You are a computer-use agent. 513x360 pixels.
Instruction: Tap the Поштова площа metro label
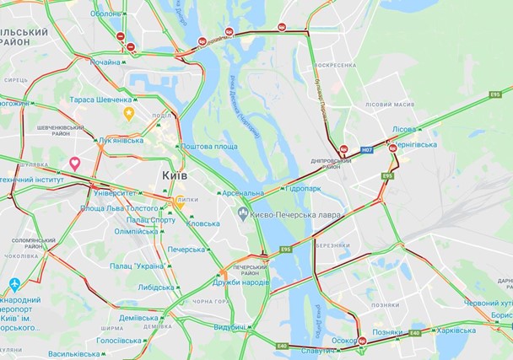[x=208, y=146]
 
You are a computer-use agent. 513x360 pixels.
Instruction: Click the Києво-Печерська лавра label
[x=294, y=215]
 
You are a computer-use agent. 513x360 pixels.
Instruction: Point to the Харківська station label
[x=455, y=331]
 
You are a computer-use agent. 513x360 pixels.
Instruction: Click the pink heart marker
[x=74, y=163]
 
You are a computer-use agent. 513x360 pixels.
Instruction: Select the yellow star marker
[x=128, y=113]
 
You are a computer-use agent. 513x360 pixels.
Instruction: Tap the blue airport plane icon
[x=13, y=285]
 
